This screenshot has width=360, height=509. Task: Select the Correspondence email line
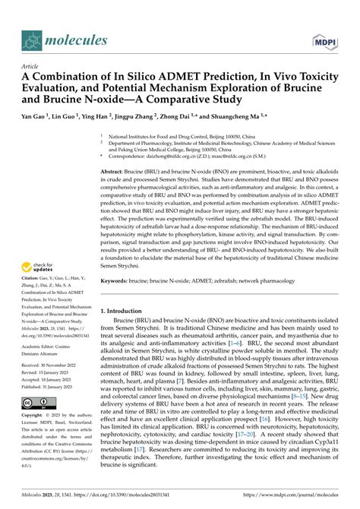coord(197,154)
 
